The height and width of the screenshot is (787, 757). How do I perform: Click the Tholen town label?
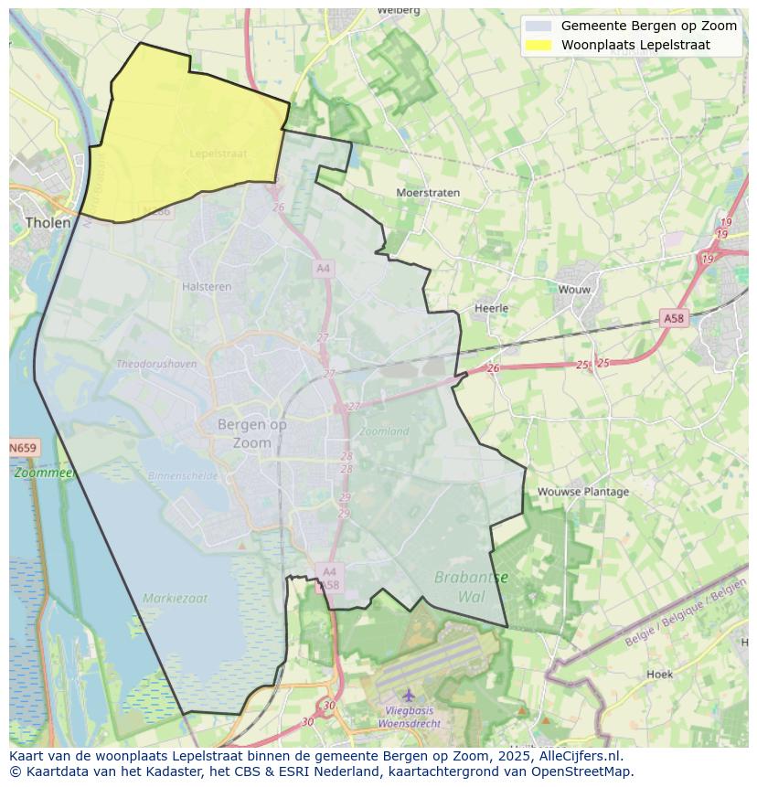click(48, 222)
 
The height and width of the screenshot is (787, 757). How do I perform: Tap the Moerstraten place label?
click(428, 193)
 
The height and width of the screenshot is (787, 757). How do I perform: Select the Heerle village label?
click(491, 308)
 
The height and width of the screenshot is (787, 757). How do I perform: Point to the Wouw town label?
click(574, 290)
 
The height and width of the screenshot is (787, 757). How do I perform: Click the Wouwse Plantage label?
click(582, 492)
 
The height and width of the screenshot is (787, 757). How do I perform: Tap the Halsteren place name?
click(207, 286)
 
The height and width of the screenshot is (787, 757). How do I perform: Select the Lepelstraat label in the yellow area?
click(219, 154)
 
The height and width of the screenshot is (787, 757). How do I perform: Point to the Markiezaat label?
click(175, 599)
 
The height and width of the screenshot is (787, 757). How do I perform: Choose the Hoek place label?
click(659, 675)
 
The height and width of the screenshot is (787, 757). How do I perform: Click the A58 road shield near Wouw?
click(673, 318)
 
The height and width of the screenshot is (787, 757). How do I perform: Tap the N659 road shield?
click(24, 448)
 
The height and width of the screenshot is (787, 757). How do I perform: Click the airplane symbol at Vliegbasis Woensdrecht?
click(409, 696)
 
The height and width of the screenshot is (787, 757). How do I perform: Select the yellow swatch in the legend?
click(538, 45)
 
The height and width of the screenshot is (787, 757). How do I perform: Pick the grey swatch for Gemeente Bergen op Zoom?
click(538, 26)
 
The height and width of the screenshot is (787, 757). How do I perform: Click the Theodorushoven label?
click(156, 364)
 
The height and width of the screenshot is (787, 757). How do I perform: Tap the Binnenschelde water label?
click(183, 476)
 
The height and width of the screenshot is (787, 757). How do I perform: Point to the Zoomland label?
click(385, 431)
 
